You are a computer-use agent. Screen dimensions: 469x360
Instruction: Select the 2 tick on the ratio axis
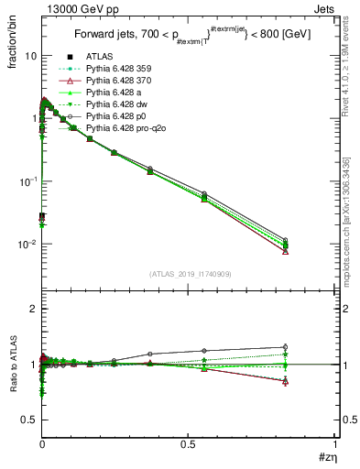[35, 309]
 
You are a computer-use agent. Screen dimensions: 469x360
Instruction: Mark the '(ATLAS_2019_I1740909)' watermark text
[189, 274]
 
